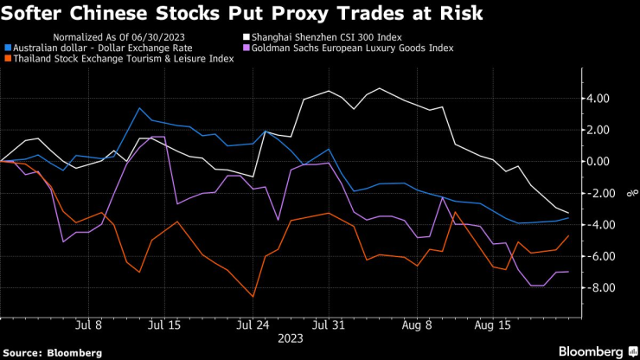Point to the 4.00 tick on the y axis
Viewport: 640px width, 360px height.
(x=598, y=99)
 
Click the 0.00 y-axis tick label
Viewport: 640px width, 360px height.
(x=598, y=162)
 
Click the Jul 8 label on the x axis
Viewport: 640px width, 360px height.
(x=90, y=325)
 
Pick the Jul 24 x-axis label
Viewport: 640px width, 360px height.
(x=253, y=325)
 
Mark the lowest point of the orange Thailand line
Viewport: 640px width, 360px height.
(x=254, y=297)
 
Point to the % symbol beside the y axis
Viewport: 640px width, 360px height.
(x=629, y=193)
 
